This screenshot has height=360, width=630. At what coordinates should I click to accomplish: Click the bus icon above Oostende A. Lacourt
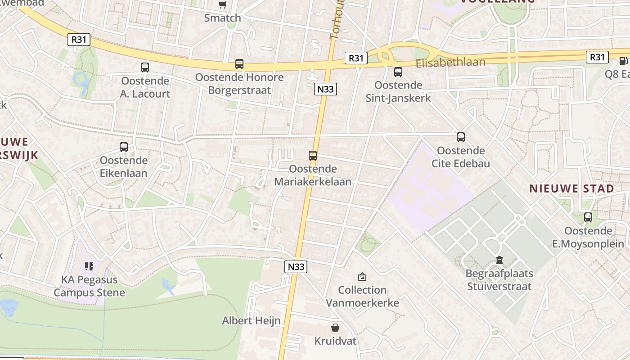[144, 67]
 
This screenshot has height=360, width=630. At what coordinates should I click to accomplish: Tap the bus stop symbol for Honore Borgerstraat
[239, 64]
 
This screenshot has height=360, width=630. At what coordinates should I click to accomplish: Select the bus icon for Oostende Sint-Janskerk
[398, 72]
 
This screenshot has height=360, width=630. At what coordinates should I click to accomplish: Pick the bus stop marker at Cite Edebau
[460, 137]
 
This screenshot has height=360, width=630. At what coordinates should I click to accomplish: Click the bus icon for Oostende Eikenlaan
[123, 147]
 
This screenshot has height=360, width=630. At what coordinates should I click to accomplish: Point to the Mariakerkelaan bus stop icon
[312, 156]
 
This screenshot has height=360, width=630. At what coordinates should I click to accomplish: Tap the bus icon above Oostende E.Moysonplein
[588, 218]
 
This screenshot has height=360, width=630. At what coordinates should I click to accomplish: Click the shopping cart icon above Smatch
[222, 5]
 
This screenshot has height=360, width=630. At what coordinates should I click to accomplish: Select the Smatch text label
[222, 18]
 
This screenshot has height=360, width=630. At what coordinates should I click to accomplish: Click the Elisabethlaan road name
[450, 62]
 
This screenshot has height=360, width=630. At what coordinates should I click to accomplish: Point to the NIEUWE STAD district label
[571, 189]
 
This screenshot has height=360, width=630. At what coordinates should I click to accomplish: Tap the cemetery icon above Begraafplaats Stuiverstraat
[499, 260]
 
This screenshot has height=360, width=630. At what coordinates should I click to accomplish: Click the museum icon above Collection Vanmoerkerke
[362, 277]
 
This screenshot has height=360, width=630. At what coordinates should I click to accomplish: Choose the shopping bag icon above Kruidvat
[335, 328]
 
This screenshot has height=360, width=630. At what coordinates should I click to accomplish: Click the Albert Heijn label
[251, 321]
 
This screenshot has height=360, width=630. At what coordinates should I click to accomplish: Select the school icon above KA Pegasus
[89, 266]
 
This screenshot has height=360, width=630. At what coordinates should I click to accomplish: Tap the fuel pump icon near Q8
[623, 61]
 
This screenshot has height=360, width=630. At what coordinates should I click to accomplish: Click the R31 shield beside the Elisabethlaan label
[356, 58]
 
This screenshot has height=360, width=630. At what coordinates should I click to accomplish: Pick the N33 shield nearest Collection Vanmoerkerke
[296, 267]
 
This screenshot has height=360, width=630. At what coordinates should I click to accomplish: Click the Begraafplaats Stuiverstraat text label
[499, 280]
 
